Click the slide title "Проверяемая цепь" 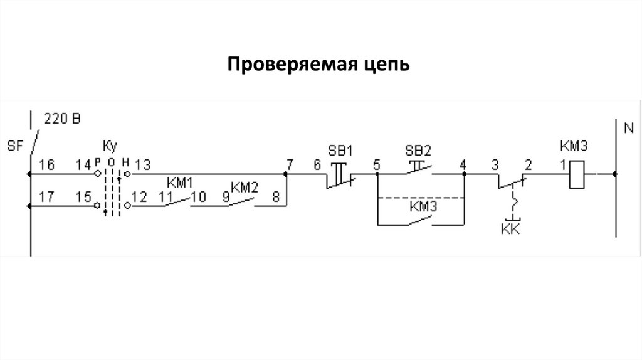(x=318, y=64)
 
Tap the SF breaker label (x=14, y=146)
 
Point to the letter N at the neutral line (x=628, y=129)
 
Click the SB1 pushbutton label (x=341, y=151)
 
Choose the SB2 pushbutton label (x=418, y=151)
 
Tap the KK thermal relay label (x=511, y=230)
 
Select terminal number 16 (x=46, y=165)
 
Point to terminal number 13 (x=142, y=165)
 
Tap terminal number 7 (x=289, y=165)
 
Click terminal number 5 (x=376, y=165)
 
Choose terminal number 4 (x=463, y=165)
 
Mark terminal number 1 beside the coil (x=564, y=165)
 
